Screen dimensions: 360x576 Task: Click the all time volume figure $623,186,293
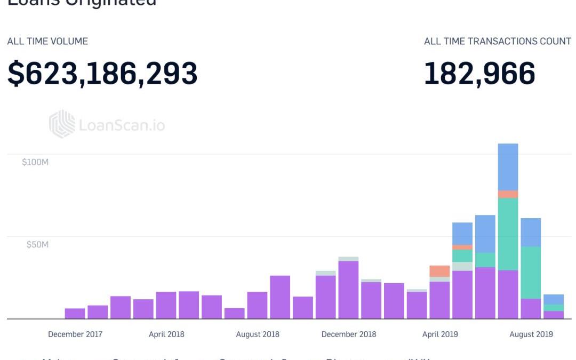102,74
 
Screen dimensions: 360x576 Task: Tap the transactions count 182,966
479,74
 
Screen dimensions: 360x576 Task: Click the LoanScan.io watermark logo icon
62,124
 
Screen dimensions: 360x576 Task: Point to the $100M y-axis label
35,162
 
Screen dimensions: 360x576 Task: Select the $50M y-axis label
37,245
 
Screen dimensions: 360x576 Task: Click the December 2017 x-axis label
75,334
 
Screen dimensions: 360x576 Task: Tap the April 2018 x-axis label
166,334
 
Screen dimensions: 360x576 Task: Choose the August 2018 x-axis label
258,334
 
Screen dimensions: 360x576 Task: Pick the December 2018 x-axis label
349,334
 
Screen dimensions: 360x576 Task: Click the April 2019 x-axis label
440,334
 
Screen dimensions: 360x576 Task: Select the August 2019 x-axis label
531,334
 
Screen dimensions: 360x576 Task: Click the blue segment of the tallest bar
508,167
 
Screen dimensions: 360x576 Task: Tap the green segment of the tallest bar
508,234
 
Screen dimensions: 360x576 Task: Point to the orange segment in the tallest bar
508,194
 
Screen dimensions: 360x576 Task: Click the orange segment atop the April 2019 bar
439,271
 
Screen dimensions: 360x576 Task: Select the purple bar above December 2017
75,314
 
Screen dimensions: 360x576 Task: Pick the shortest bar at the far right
554,307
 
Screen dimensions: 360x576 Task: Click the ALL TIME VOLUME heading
47,41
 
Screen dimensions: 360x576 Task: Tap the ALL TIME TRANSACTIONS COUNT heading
498,41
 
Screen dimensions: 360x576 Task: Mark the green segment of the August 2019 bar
531,272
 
